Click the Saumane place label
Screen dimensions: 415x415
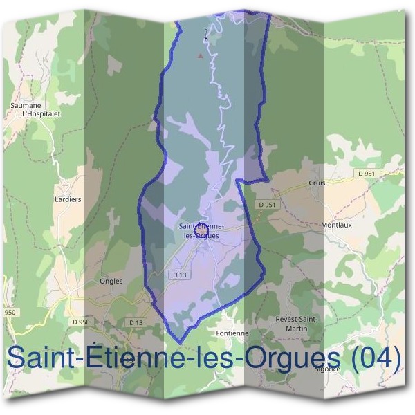coord(24,105)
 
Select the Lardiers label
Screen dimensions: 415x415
coord(68,199)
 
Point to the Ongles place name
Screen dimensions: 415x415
coord(111,281)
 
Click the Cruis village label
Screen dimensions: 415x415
coord(317,183)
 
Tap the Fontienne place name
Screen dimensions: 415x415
coord(232,333)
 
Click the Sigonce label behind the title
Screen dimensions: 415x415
coord(327,369)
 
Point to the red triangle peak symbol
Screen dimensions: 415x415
coord(201,54)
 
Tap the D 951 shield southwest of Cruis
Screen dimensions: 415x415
coord(268,205)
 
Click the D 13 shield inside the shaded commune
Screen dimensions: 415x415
coord(180,275)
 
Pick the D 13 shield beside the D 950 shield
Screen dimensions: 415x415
coord(136,322)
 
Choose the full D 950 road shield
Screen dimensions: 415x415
coord(80,322)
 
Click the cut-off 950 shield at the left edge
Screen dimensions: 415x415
coord(9,313)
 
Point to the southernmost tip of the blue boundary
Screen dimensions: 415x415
coord(180,342)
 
